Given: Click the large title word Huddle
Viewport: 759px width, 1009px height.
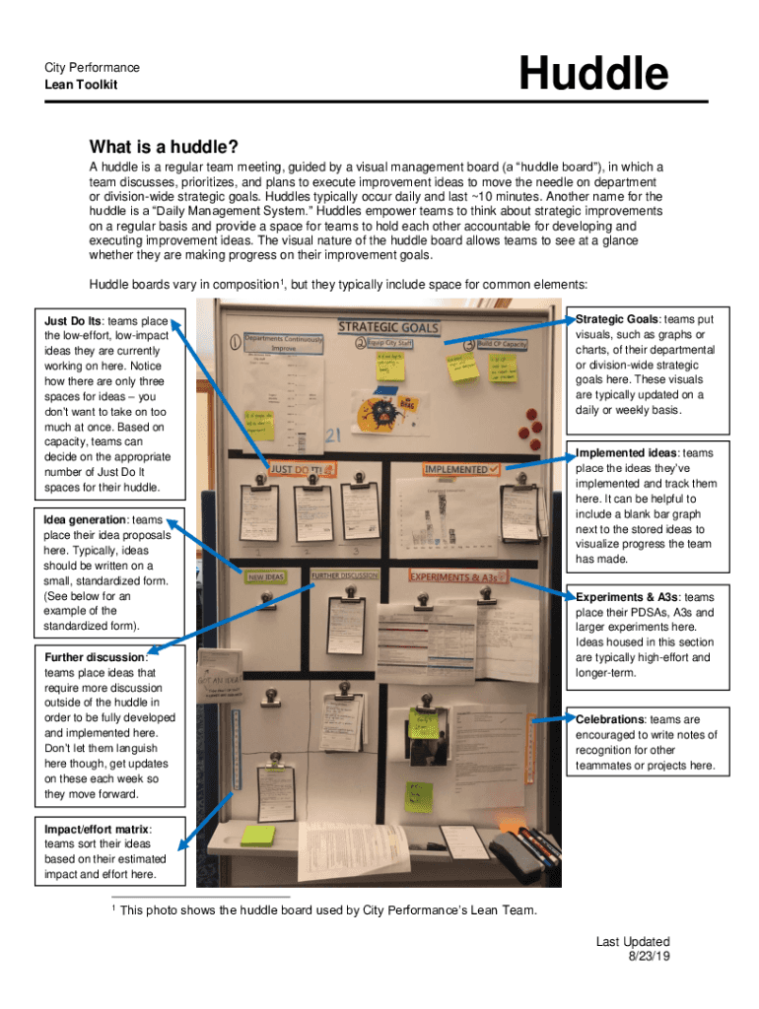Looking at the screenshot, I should pos(593,74).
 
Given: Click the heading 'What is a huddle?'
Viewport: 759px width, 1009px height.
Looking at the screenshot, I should pos(163,147).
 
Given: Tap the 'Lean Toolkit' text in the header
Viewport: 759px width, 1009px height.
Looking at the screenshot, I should pos(80,85).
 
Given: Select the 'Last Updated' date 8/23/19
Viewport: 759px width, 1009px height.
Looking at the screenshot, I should pos(647,956).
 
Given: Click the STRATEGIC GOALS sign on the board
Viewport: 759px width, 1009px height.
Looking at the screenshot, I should pos(388,326).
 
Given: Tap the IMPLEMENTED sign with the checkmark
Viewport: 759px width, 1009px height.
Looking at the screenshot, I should pos(461,469).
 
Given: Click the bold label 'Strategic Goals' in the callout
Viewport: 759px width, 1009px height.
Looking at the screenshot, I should pos(617,319).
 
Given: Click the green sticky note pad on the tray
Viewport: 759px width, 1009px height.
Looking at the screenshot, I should pos(257,835).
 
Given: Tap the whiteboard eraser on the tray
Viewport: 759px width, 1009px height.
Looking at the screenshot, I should pos(513,850).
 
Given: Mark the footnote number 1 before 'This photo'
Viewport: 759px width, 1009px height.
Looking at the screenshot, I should pos(114,908).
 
